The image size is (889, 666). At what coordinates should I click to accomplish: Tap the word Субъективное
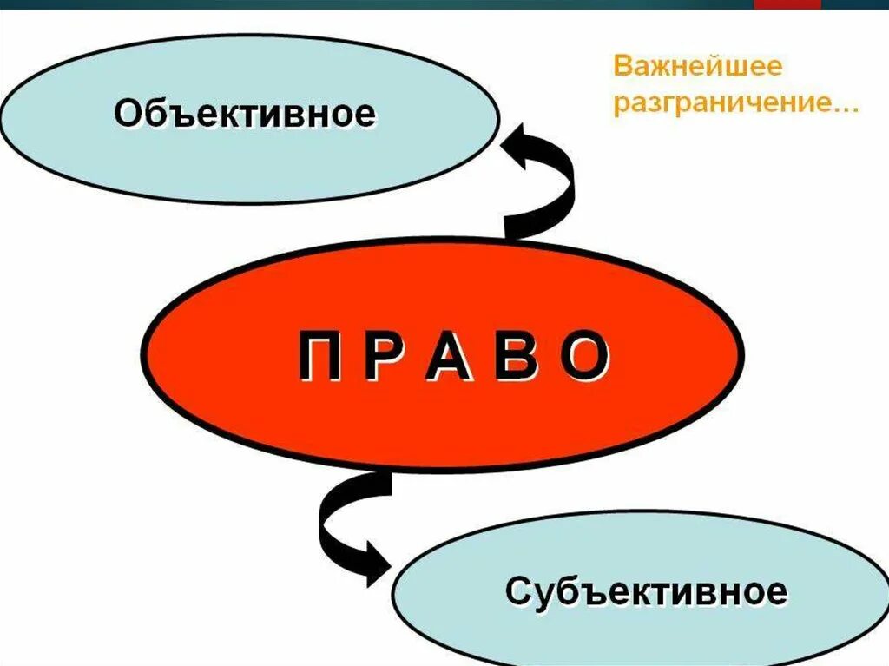pos(646,591)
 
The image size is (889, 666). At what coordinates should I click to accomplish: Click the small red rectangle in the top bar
pos(787,4)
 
